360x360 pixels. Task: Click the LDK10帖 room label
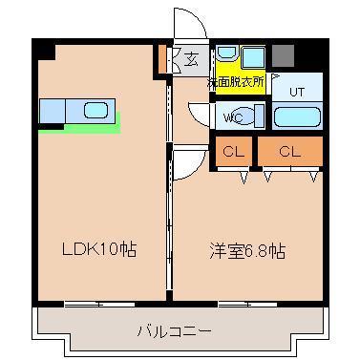coord(99,250)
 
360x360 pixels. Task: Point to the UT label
coord(296,92)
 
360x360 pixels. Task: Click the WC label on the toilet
coord(232,118)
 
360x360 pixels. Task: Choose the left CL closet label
coord(232,151)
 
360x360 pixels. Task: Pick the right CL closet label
coord(290,151)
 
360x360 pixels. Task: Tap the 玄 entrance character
coord(192,60)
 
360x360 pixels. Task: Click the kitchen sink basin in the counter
coord(95,110)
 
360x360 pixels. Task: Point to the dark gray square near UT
coord(283,54)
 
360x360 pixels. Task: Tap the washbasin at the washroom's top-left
coord(225,55)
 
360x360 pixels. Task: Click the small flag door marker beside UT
coord(275,75)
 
